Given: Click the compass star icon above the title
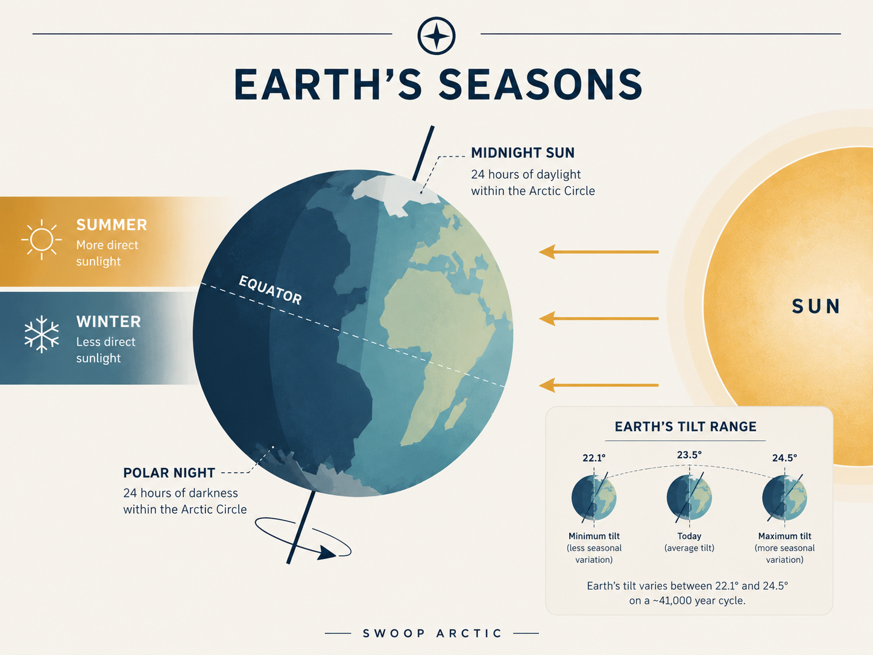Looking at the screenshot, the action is click(436, 36).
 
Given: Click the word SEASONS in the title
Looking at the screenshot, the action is click(541, 84).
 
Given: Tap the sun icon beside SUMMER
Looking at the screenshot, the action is click(42, 240).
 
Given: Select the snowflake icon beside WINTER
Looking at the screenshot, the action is click(42, 334).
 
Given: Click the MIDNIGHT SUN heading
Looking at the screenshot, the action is click(523, 153).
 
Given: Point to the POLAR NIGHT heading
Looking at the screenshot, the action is click(169, 473).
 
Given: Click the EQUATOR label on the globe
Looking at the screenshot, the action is click(271, 290).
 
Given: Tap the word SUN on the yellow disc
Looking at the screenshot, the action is click(816, 306).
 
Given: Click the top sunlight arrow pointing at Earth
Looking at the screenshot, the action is click(599, 252).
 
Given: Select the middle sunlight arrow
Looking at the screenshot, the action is click(599, 318).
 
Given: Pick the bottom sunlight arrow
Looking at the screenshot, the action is click(599, 385).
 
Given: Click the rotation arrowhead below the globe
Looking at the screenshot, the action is click(326, 553).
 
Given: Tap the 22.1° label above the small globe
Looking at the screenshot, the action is click(594, 458).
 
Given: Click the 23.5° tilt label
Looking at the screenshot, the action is click(689, 455).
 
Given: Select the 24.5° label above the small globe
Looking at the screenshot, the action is click(785, 458).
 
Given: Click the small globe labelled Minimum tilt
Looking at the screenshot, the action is click(594, 498).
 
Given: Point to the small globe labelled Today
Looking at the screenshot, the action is click(689, 498).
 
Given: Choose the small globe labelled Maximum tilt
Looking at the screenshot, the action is click(785, 498).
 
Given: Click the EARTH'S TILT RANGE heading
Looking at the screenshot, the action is click(685, 427).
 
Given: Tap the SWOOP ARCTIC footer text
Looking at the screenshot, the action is click(432, 633).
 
